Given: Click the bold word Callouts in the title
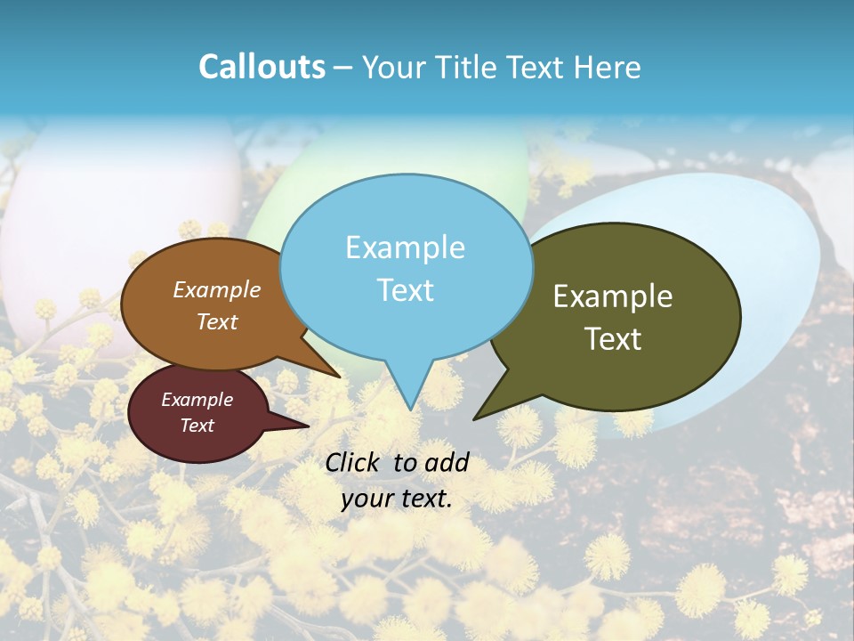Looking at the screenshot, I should pyautogui.click(x=262, y=67).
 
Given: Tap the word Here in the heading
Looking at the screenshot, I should pyautogui.click(x=607, y=68).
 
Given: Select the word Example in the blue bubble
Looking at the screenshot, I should pyautogui.click(x=405, y=247).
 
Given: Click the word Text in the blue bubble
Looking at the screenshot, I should pyautogui.click(x=406, y=290).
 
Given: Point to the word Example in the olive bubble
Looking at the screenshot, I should pyautogui.click(x=613, y=296).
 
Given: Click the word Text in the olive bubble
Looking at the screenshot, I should pyautogui.click(x=614, y=339).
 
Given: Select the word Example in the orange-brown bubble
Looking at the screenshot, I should pyautogui.click(x=217, y=290).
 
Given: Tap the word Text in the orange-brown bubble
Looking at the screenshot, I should pyautogui.click(x=217, y=321).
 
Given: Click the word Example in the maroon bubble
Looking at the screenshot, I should pyautogui.click(x=197, y=400).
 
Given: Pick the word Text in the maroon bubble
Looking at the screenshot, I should pyautogui.click(x=197, y=426).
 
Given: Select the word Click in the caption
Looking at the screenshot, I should pyautogui.click(x=354, y=462).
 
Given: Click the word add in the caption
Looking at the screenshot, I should pyautogui.click(x=447, y=462).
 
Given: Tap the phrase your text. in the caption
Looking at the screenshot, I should pyautogui.click(x=397, y=499).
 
